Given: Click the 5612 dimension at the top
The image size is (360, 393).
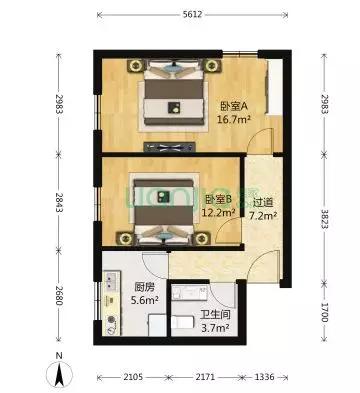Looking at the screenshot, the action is coord(192,14).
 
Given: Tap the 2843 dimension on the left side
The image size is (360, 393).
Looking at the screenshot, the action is coord(60,203).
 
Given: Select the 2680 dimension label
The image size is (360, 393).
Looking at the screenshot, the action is coord(60,295).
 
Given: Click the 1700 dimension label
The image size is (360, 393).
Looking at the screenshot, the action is coord(324,313).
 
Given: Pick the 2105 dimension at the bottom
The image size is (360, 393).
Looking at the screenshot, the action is coord(133,377).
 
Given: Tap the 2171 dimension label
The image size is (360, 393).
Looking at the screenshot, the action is coord(205,377).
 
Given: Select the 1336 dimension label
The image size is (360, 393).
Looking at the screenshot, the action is coord(264,377).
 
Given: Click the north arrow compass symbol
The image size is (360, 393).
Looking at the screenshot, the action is coord(59,373).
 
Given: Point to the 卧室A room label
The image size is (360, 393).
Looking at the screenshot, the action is coord(233,106).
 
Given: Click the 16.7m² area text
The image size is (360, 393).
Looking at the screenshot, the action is coord(234,119).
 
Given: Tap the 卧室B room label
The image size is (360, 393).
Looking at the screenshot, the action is coord(218,199).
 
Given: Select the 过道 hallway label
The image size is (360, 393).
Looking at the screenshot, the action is coord(263,202).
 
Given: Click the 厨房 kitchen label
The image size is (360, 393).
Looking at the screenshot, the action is coord(145,287).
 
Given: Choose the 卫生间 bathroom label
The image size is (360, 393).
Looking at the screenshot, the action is coord(215,315).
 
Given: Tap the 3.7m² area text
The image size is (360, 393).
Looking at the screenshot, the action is coord(215,327).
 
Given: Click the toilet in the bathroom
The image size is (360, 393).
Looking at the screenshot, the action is coord(182,322).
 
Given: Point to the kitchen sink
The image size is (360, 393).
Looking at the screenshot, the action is coord(110,281).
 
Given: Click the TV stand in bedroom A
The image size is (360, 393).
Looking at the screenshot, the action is coord(169,147).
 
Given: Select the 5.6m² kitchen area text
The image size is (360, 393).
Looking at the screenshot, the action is coord(145,300).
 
